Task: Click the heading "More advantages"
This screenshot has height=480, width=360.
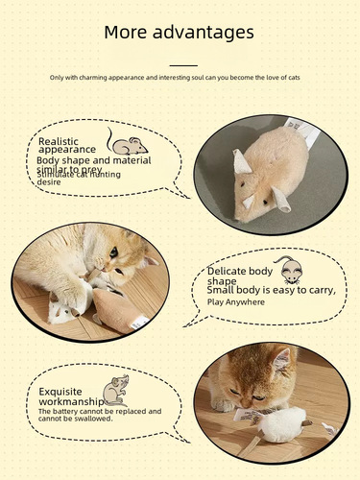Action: pyautogui.click(x=180, y=32)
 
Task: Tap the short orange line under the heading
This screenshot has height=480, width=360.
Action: pyautogui.click(x=180, y=64)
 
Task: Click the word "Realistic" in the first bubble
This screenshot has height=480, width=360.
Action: pyautogui.click(x=59, y=141)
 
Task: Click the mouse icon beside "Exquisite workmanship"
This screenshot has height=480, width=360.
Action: pyautogui.click(x=116, y=388)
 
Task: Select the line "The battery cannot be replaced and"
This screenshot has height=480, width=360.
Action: pyautogui.click(x=100, y=411)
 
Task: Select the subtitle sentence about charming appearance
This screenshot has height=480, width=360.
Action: pyautogui.click(x=180, y=77)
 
